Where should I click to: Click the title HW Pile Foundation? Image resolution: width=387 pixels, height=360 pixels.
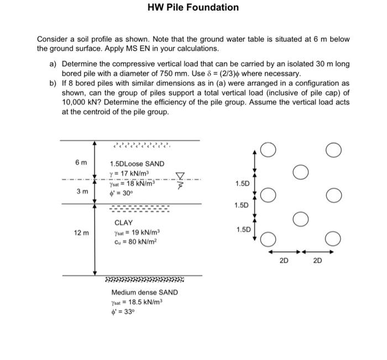point(193,8)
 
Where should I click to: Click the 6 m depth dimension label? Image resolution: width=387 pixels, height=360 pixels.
point(81,162)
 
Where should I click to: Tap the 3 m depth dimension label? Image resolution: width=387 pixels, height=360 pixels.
point(81,191)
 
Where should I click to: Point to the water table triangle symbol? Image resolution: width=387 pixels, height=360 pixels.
point(179,176)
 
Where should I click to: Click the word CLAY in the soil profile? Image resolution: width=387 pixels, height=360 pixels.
point(124,222)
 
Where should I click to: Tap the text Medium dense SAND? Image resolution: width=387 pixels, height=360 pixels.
point(145,292)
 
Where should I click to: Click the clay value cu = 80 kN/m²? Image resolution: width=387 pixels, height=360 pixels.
point(133,242)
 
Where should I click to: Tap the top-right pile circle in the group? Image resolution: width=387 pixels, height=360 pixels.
point(333,150)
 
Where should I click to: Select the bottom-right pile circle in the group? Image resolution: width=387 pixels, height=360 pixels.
point(333,239)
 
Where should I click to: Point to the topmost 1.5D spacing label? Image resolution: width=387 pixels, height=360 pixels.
point(242,183)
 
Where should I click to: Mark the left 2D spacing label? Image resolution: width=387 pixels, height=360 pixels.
point(284,260)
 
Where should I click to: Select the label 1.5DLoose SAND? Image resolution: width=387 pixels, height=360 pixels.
point(137,164)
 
